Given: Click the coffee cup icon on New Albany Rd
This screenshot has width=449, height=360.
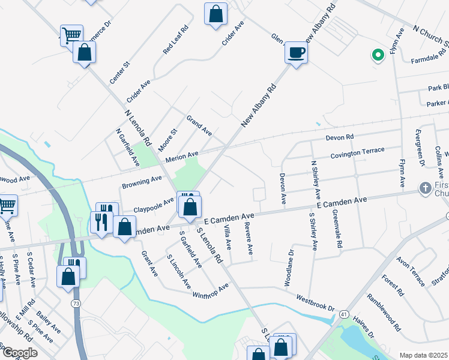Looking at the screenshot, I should (295, 52).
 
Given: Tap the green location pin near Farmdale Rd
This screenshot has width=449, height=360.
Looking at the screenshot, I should (378, 56).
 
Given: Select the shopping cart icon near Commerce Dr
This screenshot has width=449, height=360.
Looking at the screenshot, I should (71, 35).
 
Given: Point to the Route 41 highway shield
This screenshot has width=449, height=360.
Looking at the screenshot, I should (343, 314).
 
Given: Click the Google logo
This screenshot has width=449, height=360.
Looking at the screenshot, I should (20, 353).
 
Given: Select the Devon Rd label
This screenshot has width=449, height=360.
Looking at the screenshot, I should (340, 138).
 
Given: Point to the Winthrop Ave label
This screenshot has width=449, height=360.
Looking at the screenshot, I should (211, 291).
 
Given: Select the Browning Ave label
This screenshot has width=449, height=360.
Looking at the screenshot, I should (142, 182).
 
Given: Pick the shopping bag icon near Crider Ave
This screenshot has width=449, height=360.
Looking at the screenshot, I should (215, 14).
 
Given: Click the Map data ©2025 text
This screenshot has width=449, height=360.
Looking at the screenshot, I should (423, 355).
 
